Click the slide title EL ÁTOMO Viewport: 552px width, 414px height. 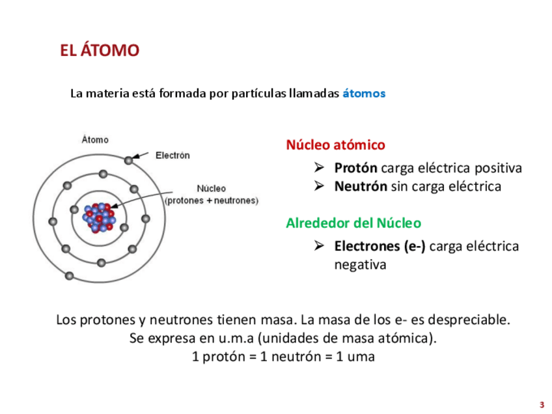[x=100, y=50]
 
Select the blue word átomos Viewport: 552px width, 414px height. [x=364, y=93]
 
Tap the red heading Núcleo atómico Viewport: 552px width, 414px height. [x=335, y=145]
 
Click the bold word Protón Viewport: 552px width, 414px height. [x=355, y=168]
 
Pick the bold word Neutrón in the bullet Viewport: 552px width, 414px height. [x=361, y=187]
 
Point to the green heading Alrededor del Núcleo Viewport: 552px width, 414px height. [x=353, y=223]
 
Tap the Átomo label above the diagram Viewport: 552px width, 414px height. [x=95, y=139]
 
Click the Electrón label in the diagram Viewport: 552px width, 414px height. [x=172, y=155]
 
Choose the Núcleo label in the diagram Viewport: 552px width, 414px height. [x=211, y=189]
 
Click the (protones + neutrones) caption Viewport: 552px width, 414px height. [x=212, y=200]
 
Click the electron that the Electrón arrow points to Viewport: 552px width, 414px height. [x=129, y=160]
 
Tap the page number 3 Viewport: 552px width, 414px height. [x=541, y=404]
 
